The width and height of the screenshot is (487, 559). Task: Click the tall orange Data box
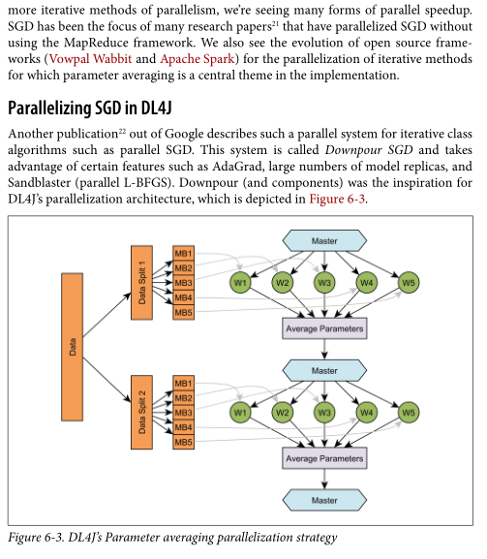tap(73, 347)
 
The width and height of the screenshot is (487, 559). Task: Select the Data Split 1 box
tap(141, 282)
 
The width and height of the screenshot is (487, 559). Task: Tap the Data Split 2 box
tap(141, 412)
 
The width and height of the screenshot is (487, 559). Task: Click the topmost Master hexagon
tap(324, 241)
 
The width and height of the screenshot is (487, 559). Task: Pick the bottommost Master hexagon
tap(324, 500)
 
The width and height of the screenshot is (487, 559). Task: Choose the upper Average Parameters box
tap(324, 328)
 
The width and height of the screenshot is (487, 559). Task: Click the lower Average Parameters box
tap(324, 458)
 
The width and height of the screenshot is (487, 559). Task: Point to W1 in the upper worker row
tap(240, 283)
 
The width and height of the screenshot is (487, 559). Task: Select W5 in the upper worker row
tap(409, 283)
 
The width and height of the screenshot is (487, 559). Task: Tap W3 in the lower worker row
tap(324, 413)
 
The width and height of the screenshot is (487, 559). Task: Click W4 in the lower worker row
tap(367, 413)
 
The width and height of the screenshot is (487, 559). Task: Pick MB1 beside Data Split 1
tap(183, 253)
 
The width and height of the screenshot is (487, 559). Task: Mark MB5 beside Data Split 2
tap(183, 442)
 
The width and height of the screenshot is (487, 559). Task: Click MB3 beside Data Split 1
tap(183, 283)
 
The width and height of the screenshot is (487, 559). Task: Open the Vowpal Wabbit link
tap(90, 58)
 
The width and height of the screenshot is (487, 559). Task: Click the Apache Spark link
tap(198, 58)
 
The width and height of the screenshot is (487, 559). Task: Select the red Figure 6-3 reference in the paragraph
tap(337, 199)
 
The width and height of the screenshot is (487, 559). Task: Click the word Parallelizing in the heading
tap(50, 108)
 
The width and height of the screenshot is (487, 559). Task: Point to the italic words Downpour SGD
tap(369, 150)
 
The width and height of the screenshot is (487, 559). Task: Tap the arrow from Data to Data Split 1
tap(107, 315)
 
